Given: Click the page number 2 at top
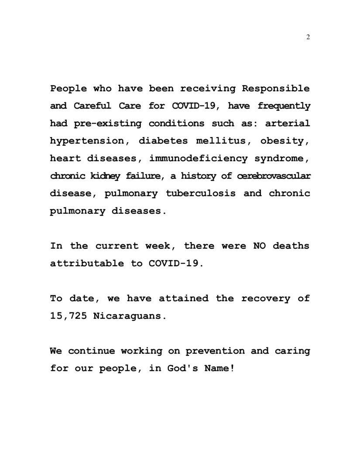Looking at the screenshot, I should pos(308,37).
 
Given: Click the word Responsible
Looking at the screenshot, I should pos(276,89).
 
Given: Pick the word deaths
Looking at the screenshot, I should pos(291,246).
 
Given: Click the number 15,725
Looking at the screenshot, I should pos(69,316).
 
